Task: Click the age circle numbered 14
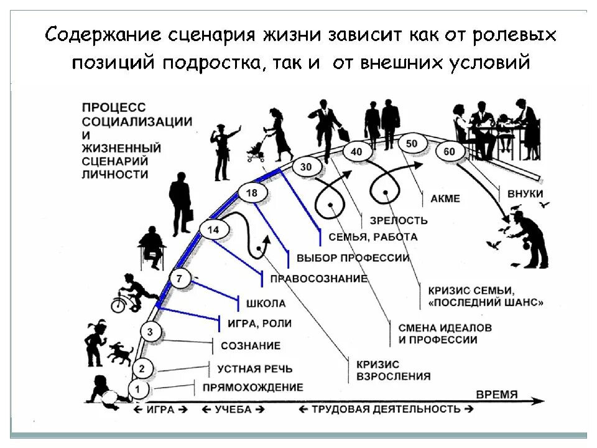click(213, 230)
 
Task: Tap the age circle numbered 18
click(251, 193)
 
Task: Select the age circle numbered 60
click(450, 151)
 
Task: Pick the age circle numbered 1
click(139, 390)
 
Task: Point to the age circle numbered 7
click(180, 279)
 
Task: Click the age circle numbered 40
click(356, 151)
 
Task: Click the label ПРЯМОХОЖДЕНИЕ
click(252, 387)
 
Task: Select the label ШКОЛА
click(266, 304)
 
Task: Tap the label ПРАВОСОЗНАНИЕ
click(318, 278)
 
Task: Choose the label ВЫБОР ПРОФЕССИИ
click(353, 258)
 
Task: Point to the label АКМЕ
click(445, 199)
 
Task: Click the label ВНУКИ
click(525, 194)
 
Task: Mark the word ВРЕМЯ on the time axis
click(496, 394)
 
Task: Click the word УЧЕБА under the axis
click(233, 409)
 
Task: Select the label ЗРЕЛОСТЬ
click(398, 220)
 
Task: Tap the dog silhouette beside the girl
click(119, 354)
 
